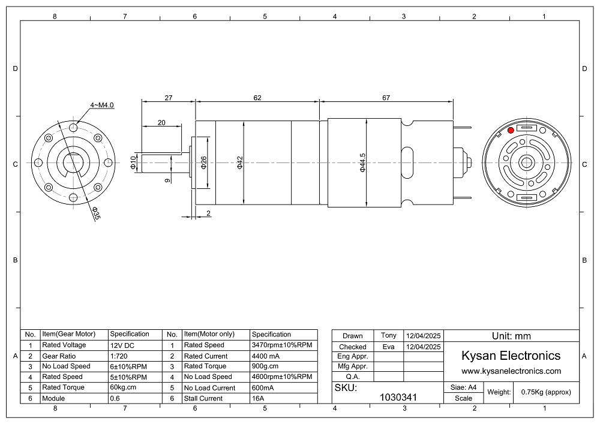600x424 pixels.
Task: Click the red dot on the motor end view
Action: [511, 130]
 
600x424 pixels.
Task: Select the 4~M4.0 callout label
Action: [102, 105]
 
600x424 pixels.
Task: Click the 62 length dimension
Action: [257, 98]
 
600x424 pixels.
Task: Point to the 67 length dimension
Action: [386, 98]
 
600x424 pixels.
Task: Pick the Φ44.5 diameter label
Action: [362, 163]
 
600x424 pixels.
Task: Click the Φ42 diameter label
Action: [239, 163]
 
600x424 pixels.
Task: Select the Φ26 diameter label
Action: [203, 163]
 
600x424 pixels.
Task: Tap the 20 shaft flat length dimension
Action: [161, 123]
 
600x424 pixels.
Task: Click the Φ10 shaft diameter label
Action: [133, 163]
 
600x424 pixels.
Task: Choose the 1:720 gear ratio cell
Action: [119, 356]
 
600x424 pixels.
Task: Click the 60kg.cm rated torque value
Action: [123, 387]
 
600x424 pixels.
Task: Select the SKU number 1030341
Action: [398, 397]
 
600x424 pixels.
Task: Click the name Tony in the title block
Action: [388, 335]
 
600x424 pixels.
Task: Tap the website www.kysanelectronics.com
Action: [511, 371]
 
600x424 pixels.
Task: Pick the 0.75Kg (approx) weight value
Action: [546, 392]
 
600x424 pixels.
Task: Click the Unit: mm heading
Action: [511, 336]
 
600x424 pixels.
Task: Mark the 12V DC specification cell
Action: [122, 345]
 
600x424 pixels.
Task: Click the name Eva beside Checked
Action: [388, 347]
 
